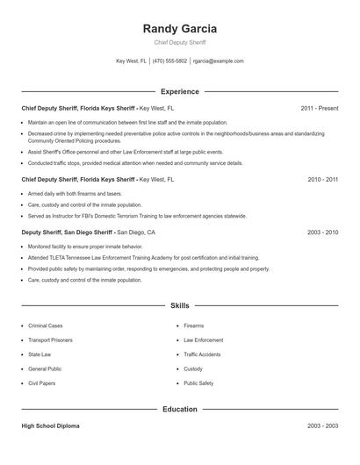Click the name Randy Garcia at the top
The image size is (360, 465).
[x=179, y=29]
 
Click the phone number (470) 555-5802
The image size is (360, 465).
[x=170, y=61]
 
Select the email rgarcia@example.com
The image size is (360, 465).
[x=218, y=61]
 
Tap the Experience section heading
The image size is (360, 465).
[x=179, y=91]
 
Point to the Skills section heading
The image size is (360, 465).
[x=179, y=305]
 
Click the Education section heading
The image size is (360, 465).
[x=179, y=409]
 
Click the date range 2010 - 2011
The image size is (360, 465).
[x=322, y=178]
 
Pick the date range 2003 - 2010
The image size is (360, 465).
[x=322, y=232]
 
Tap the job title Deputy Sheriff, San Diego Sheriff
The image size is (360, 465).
[x=67, y=232]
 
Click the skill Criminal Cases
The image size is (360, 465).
[x=46, y=325]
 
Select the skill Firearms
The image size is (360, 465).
[x=193, y=325]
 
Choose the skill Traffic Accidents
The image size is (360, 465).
[x=202, y=354]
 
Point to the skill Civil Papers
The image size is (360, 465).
[x=41, y=383]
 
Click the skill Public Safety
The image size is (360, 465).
[x=198, y=383]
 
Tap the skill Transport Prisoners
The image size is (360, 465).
[x=50, y=340]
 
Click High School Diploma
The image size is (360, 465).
[x=50, y=426]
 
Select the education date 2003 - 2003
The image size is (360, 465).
[x=322, y=426]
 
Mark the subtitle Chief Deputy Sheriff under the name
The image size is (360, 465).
[x=179, y=43]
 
